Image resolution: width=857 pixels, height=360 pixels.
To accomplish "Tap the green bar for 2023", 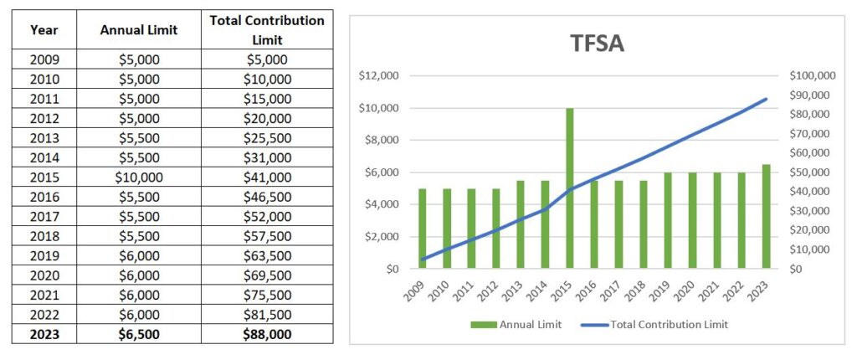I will [x=766, y=216].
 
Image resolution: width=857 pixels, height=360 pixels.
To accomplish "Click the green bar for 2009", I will [x=423, y=229].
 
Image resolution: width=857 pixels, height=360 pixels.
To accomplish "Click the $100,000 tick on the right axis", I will [x=812, y=76].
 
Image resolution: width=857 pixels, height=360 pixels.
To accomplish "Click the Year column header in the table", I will [x=44, y=30].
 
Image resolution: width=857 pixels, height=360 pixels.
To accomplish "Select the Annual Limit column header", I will [x=138, y=30].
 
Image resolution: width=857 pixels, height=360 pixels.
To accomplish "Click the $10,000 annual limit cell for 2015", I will [x=138, y=177].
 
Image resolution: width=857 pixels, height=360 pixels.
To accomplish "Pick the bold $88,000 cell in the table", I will [x=267, y=333].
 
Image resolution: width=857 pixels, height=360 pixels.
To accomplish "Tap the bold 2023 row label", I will [x=44, y=333].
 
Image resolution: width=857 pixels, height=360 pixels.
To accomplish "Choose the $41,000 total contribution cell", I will [x=267, y=177].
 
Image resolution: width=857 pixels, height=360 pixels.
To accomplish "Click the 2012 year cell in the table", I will [x=44, y=118].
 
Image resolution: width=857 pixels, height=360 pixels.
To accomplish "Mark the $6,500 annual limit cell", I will [x=138, y=333].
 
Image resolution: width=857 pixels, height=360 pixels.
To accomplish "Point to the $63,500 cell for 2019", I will [x=267, y=255].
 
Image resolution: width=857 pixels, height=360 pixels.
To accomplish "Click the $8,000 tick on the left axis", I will [x=381, y=141].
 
